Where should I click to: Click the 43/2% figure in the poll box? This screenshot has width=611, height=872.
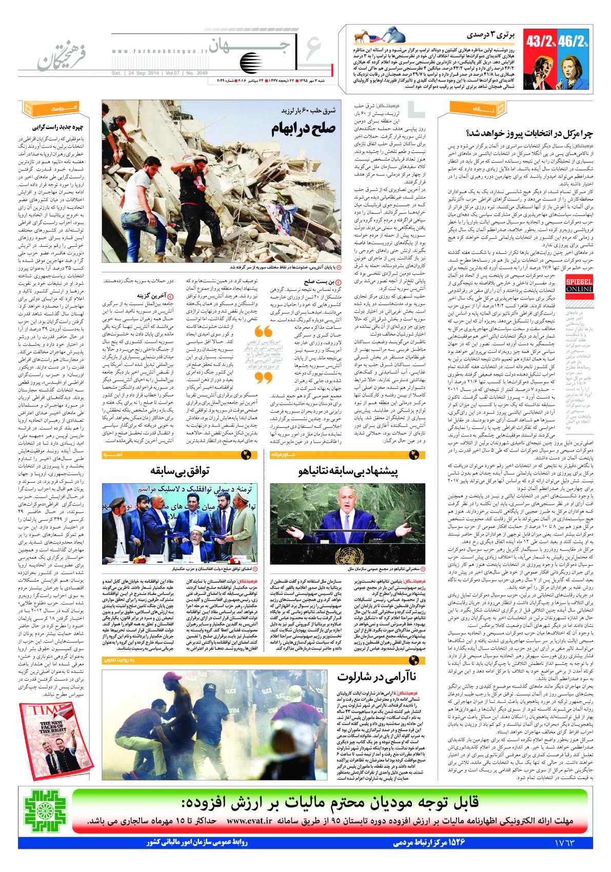tap(541, 39)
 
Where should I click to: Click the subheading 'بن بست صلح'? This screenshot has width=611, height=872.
tap(324, 281)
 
